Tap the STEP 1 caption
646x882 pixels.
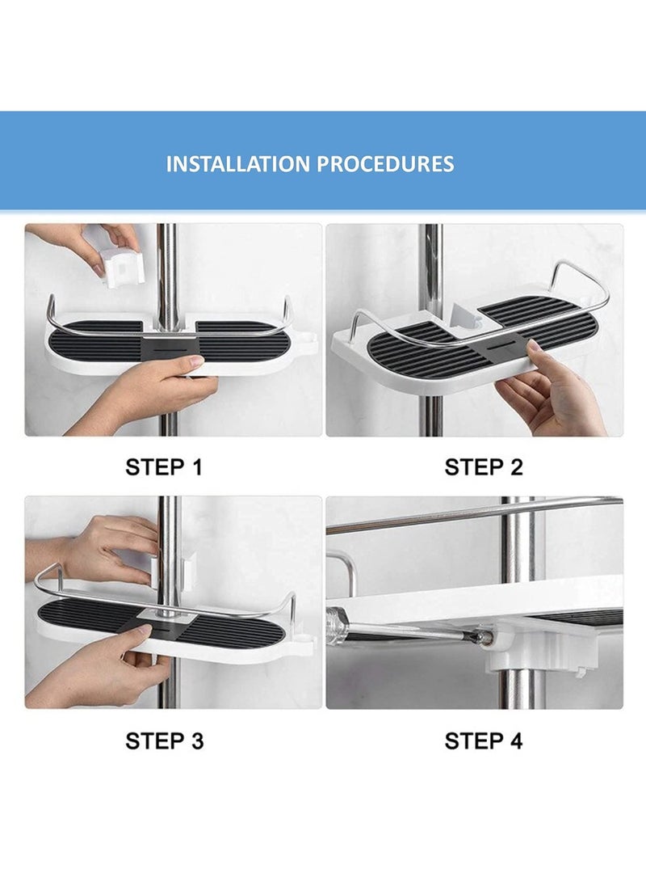pyautogui.click(x=164, y=466)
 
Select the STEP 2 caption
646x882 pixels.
pyautogui.click(x=484, y=466)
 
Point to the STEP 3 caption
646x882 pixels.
pyautogui.click(x=164, y=740)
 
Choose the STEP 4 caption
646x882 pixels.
pyautogui.click(x=484, y=740)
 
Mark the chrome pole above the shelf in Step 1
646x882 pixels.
pyautogui.click(x=167, y=259)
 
